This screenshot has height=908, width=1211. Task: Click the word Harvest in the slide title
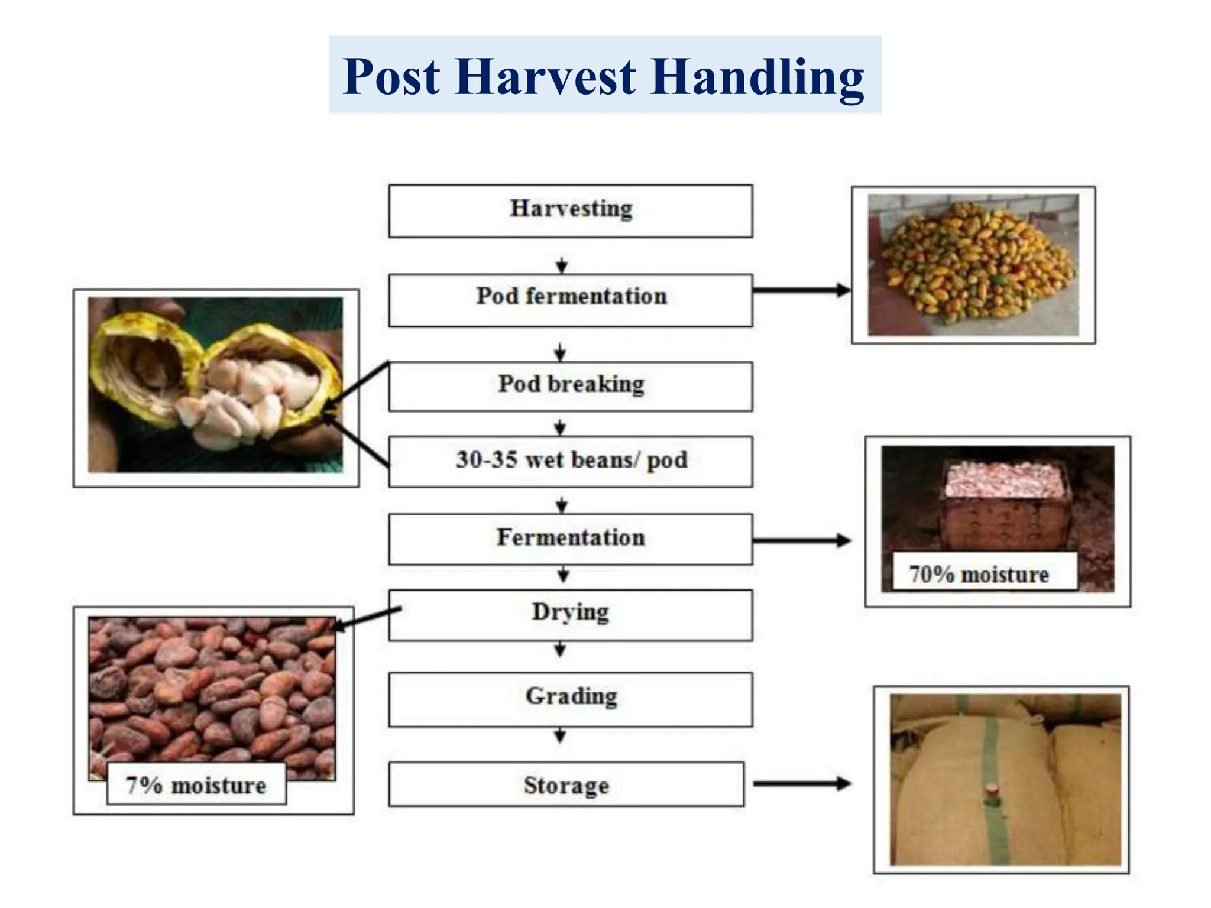(x=546, y=77)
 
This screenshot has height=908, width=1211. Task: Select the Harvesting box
(x=571, y=211)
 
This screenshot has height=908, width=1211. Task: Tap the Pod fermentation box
(x=571, y=300)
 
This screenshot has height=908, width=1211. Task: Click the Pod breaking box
(x=571, y=386)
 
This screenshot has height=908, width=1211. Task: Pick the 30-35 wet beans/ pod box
(x=571, y=461)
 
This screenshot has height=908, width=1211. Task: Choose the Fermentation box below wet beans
(x=571, y=539)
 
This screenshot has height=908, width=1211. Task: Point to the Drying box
(x=571, y=614)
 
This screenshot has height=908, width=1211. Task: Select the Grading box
(x=571, y=699)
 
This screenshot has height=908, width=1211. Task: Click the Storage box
(x=566, y=784)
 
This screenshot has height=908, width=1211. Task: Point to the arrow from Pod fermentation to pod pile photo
(x=801, y=290)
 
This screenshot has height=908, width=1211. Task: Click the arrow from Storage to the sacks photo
(x=801, y=784)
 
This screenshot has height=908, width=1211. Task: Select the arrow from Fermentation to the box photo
(x=801, y=540)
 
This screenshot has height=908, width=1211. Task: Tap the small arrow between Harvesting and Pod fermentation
(x=562, y=265)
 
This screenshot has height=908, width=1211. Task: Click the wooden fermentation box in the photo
(x=1005, y=514)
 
